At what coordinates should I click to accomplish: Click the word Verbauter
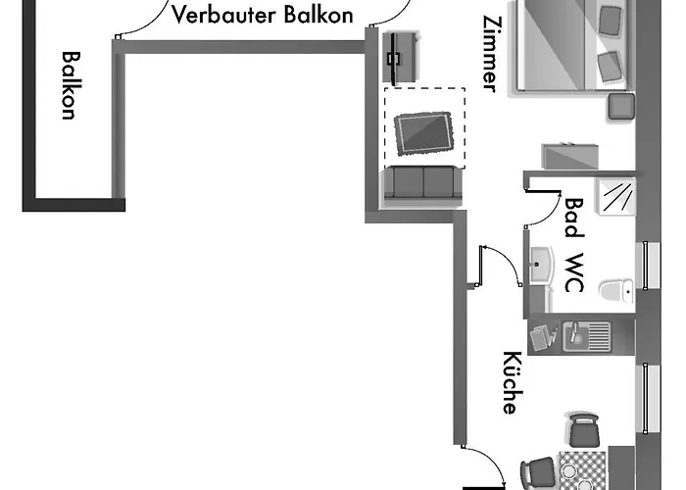tap(220, 15)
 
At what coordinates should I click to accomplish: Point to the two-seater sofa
tap(423, 183)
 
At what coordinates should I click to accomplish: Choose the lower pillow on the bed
tap(610, 67)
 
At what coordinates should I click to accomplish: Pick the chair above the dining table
tap(583, 429)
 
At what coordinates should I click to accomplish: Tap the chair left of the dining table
tap(536, 472)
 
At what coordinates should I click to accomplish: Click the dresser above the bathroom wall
tap(570, 157)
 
